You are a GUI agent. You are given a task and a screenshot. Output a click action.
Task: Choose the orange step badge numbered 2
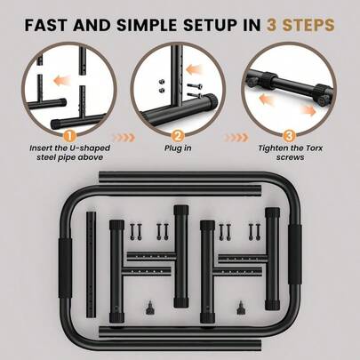click(x=178, y=137)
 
